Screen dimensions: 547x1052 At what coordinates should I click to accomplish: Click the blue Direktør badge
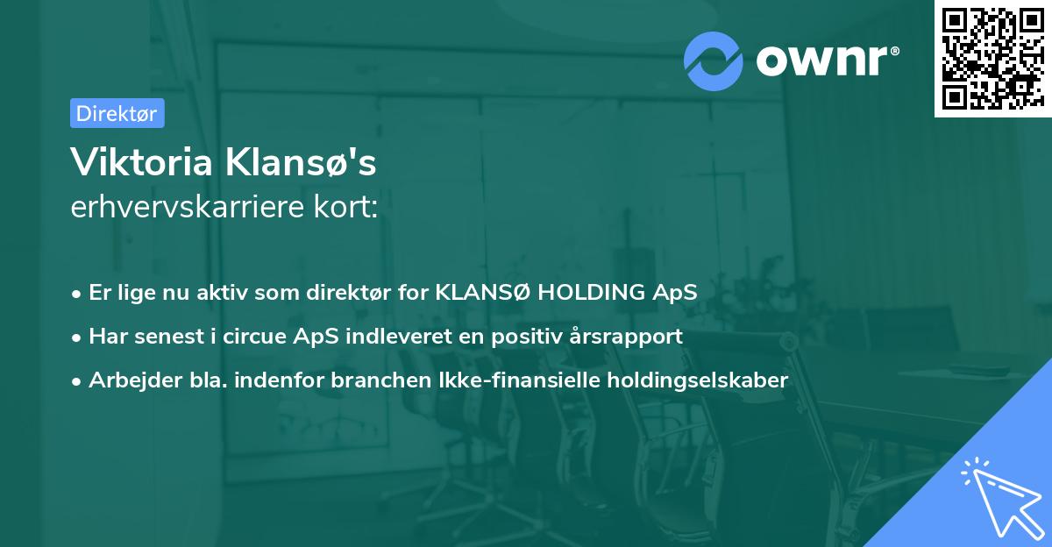[117, 113]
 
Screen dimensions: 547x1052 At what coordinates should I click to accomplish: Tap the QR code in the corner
[992, 58]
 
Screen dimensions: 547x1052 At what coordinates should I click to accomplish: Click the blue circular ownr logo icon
[714, 60]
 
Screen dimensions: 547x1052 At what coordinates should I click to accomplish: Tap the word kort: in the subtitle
[351, 208]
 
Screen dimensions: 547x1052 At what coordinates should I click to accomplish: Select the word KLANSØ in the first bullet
[483, 293]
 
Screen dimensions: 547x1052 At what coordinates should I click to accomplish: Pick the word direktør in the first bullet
[355, 293]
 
